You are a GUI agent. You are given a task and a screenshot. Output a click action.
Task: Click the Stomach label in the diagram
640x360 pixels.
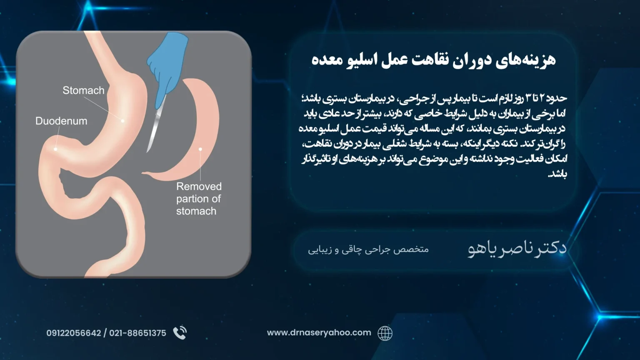click(83, 90)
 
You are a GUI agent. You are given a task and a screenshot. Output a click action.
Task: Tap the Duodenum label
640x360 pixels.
click(61, 121)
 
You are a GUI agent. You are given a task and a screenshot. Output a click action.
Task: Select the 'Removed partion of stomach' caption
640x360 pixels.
click(199, 199)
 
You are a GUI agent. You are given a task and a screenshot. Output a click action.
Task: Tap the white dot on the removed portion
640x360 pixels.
click(200, 149)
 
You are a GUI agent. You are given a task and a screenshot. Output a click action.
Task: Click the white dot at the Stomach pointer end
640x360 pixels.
click(122, 121)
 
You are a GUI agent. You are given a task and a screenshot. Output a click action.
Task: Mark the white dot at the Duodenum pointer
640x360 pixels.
click(55, 149)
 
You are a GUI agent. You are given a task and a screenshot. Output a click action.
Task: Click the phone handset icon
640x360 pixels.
click(180, 333)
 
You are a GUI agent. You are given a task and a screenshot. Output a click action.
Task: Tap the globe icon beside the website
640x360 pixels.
click(385, 333)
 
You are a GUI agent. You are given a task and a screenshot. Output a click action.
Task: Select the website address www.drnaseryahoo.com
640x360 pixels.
click(319, 332)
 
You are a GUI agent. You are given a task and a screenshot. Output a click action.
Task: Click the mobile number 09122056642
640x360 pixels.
click(74, 333)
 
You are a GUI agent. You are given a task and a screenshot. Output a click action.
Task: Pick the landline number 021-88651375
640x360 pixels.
click(137, 333)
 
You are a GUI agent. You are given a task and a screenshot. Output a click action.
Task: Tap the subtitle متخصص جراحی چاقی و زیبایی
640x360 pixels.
click(368, 250)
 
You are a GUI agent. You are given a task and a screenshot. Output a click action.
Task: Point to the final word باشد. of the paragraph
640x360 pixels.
click(557, 174)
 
